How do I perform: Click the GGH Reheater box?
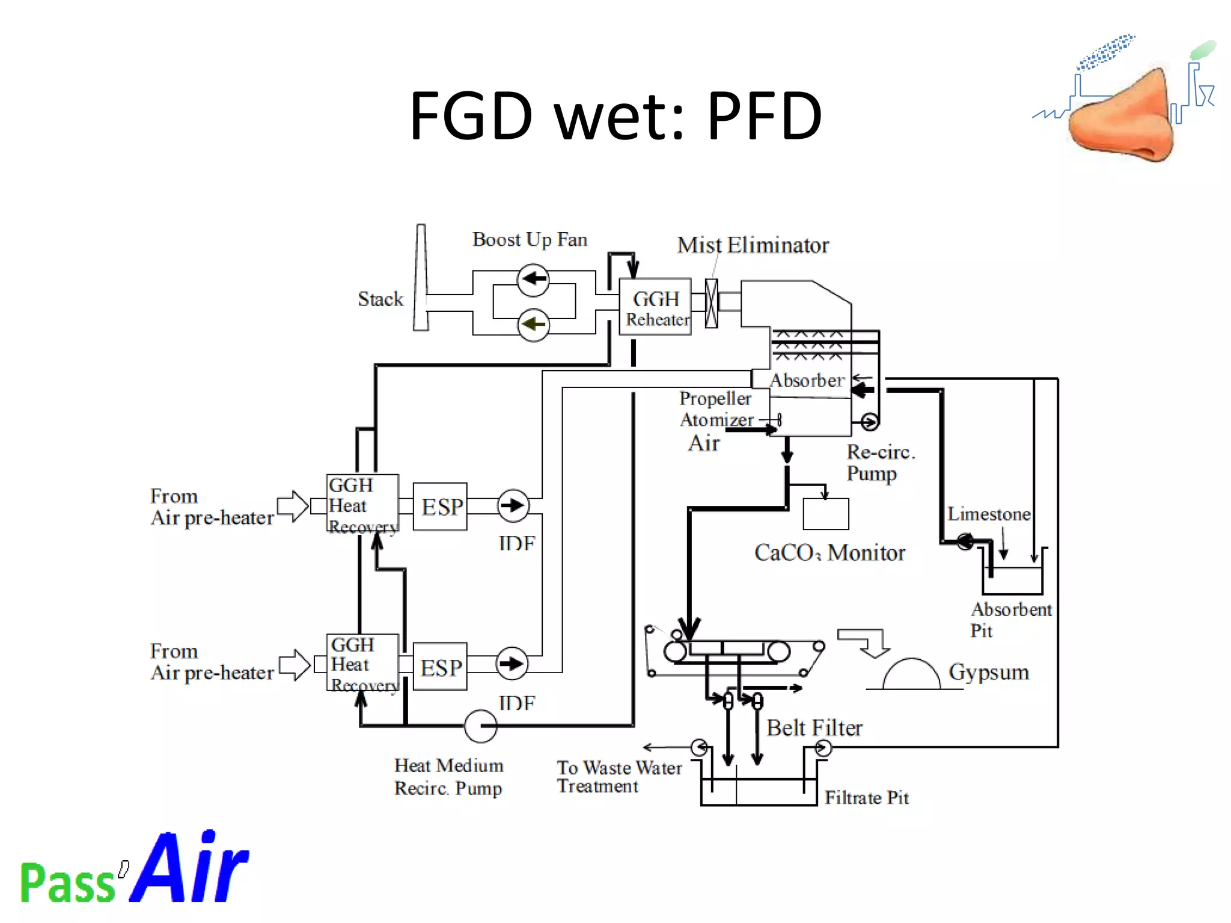[655, 307]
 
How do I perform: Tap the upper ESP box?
[441, 507]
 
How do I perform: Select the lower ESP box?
[441, 666]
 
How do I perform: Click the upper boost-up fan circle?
[533, 279]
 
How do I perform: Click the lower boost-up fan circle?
[533, 325]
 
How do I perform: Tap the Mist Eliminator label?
[753, 245]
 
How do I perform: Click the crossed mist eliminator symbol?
[711, 303]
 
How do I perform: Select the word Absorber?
[807, 380]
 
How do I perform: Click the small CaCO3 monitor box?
[826, 514]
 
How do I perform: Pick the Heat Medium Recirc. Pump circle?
[480, 726]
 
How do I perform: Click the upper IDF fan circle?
[513, 505]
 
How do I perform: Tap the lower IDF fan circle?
[512, 664]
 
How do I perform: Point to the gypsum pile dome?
[911, 675]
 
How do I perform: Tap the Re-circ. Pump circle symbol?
[869, 422]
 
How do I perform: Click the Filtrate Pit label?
[866, 797]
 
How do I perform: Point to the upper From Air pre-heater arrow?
[293, 505]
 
